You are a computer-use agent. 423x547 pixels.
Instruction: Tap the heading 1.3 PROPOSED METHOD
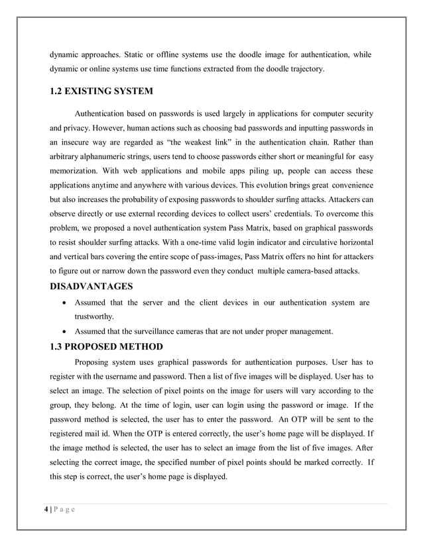(105, 346)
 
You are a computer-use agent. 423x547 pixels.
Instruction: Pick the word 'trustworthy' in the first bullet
(94, 317)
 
